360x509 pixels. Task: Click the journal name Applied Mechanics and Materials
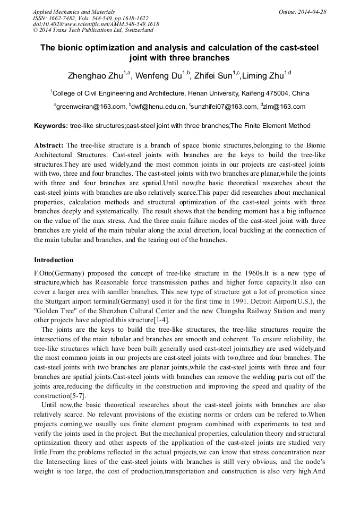pos(74,12)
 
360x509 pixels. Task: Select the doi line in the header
pos(96,24)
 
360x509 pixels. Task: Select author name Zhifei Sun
pos(214,76)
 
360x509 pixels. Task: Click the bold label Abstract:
pos(49,145)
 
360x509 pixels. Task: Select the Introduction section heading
pos(54,260)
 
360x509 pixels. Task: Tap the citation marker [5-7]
pos(75,396)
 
